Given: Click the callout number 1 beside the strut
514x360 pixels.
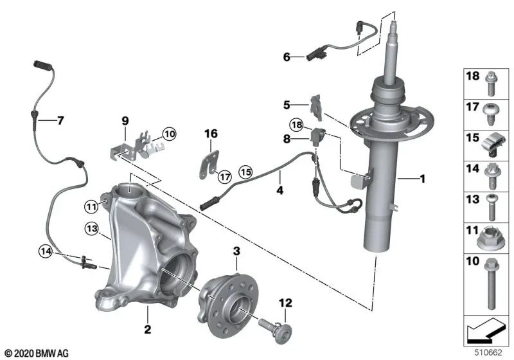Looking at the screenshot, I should click(x=422, y=179).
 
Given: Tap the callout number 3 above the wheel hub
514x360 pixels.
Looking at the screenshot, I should click(x=236, y=250).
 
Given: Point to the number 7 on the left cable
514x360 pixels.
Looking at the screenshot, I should click(x=60, y=120).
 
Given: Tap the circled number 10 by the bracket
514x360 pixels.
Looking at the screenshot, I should click(x=168, y=134).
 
